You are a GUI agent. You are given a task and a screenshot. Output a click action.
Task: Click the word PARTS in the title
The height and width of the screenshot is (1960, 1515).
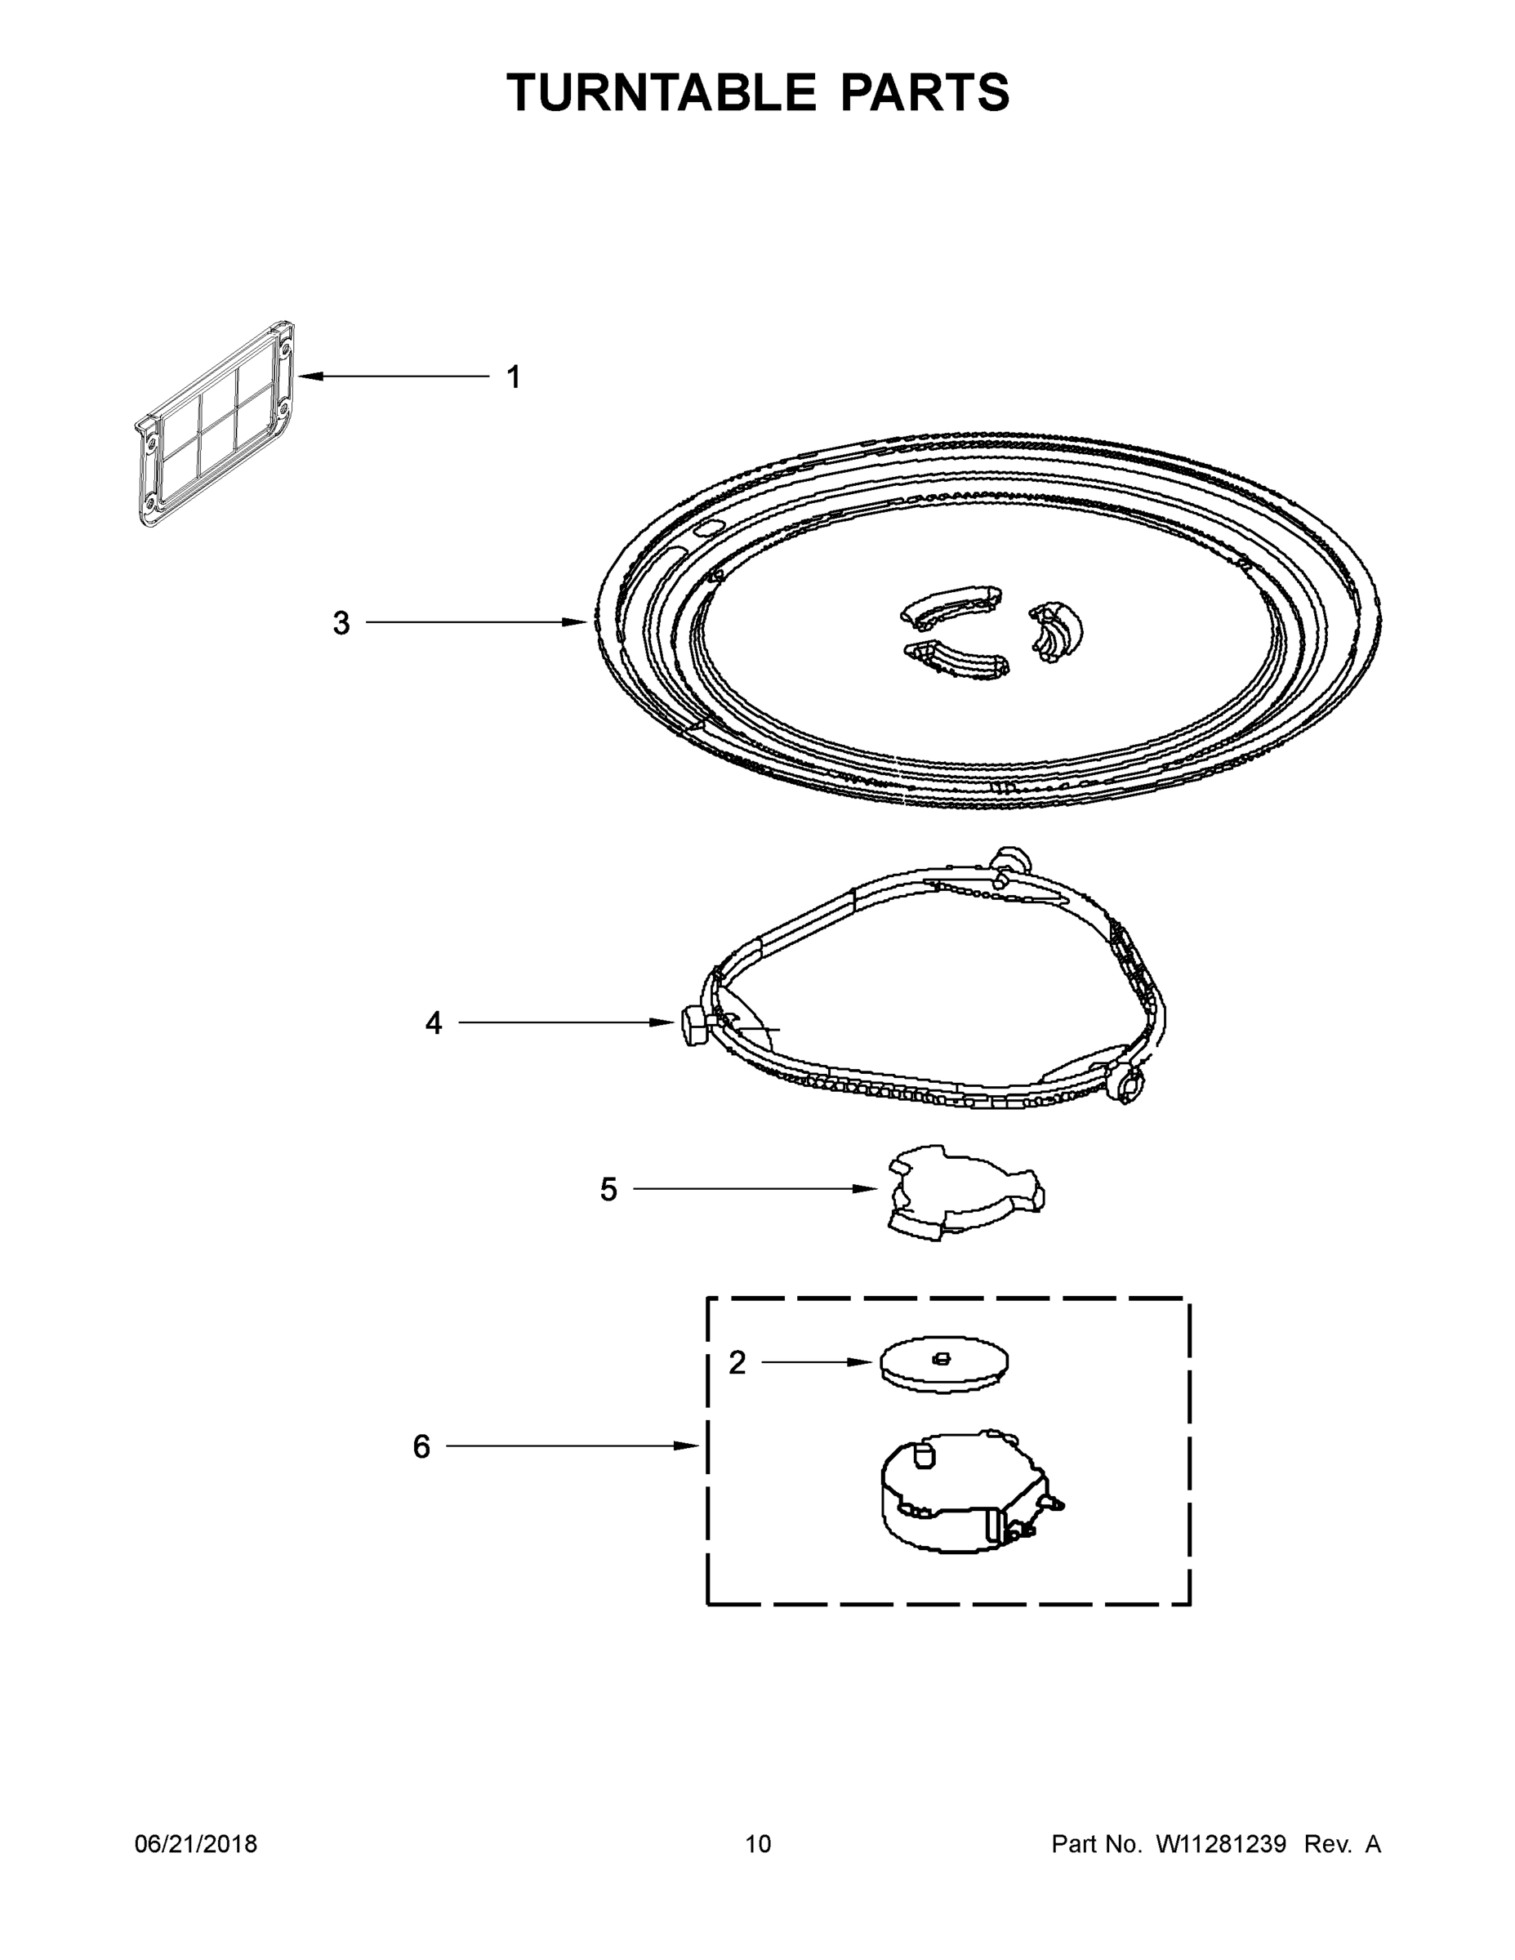click(x=925, y=92)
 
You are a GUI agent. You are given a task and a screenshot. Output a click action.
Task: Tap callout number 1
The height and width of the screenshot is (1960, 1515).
click(x=514, y=378)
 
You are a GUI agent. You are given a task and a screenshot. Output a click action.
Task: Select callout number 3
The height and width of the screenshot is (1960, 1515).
click(x=341, y=623)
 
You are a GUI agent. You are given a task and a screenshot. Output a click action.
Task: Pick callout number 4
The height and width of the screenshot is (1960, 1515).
click(x=434, y=1022)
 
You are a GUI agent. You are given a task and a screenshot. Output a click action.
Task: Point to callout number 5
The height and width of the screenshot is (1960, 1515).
click(x=608, y=1190)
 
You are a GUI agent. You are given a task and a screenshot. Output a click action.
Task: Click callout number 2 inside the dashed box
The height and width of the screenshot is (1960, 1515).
click(x=737, y=1363)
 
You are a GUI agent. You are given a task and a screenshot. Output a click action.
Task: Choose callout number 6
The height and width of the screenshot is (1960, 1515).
click(x=421, y=1446)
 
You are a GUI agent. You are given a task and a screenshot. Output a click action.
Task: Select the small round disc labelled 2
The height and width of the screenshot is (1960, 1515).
click(x=944, y=1367)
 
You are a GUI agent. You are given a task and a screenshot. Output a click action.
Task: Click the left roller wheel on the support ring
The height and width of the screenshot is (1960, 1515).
click(x=693, y=1026)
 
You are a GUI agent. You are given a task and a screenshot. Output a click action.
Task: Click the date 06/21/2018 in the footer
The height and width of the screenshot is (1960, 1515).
click(x=196, y=1844)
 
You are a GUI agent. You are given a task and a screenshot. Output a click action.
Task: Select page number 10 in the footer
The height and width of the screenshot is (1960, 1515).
click(x=758, y=1844)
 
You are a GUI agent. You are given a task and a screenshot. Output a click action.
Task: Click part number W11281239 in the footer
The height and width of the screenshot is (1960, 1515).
click(x=1221, y=1844)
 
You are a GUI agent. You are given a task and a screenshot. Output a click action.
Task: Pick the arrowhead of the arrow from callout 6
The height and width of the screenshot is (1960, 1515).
click(x=691, y=1445)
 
